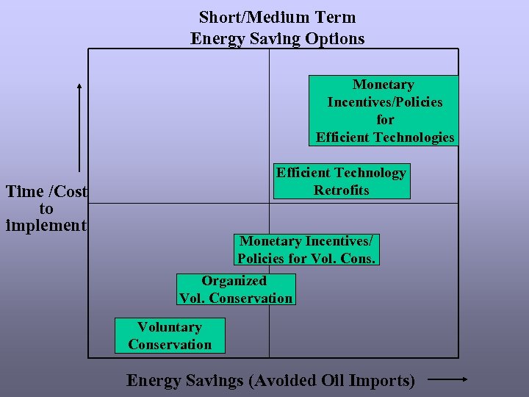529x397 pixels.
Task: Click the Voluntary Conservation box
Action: (170, 336)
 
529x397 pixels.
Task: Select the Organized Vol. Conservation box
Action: (236, 290)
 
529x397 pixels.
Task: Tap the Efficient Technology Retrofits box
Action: (341, 182)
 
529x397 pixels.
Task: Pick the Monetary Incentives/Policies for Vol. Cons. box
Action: (306, 250)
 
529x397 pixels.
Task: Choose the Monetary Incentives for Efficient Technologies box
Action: (384, 111)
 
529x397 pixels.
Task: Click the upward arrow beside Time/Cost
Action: (79, 125)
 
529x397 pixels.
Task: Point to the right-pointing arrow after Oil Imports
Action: (447, 380)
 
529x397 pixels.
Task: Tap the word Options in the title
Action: (337, 38)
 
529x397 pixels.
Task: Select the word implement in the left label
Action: (46, 225)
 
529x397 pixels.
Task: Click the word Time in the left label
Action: (24, 192)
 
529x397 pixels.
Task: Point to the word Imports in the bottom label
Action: (381, 381)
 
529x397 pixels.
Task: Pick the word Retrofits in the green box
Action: (341, 190)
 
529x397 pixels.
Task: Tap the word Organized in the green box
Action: (234, 281)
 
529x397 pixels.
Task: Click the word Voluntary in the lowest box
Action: (170, 327)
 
